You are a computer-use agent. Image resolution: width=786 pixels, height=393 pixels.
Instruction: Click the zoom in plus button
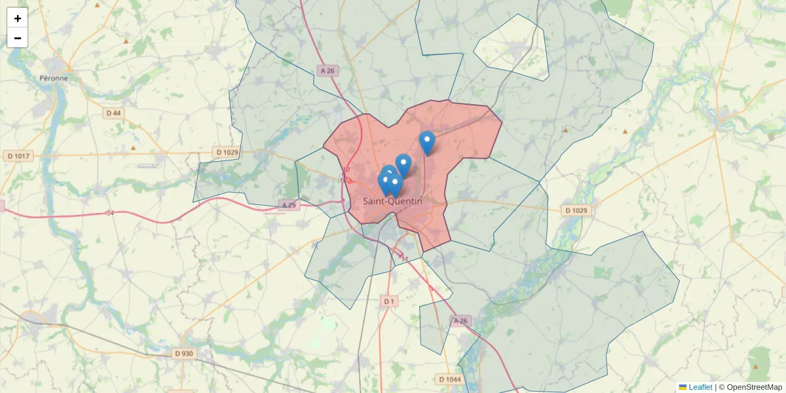pos(18,18)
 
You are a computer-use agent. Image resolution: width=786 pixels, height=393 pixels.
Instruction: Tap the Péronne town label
pos(54,78)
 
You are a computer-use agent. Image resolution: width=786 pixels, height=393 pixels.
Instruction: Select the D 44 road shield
pos(113,113)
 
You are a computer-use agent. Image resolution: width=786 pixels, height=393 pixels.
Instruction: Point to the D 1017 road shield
pos(18,156)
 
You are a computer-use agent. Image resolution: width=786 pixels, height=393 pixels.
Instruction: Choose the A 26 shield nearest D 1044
pos(461,321)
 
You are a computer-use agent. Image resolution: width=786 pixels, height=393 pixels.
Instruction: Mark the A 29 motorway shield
pos(288,205)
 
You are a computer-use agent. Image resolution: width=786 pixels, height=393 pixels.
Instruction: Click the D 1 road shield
pos(389,301)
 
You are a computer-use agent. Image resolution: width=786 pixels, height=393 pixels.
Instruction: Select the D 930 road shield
pos(184,354)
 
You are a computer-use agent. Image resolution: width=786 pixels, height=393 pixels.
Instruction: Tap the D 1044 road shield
pos(450,379)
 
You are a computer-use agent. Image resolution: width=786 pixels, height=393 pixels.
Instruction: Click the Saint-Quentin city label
pos(392,202)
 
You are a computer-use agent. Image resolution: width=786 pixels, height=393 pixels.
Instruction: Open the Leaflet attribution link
pos(700,387)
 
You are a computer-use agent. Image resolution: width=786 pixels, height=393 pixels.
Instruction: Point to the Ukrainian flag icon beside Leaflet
pos(683,387)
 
